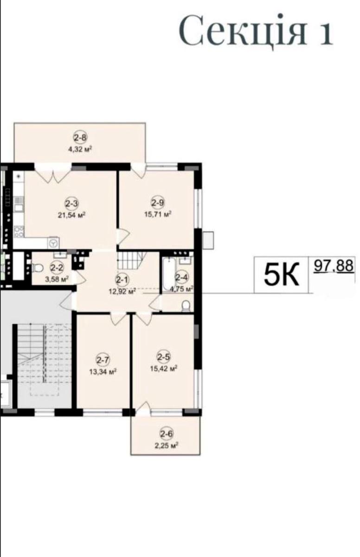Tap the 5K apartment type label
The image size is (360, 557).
(281, 274)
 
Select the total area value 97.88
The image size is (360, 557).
(333, 266)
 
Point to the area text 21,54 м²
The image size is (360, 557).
(72, 215)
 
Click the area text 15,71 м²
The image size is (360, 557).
(158, 214)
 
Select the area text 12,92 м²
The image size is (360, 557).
(122, 291)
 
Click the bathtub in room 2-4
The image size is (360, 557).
(169, 274)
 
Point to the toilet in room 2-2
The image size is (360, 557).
(37, 268)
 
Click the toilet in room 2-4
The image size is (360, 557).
(186, 306)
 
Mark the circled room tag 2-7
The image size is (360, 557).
(103, 360)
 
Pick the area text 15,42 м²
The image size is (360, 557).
(164, 368)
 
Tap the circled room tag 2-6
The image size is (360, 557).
(167, 434)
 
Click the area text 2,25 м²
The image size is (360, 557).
(167, 446)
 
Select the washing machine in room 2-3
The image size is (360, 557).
(53, 243)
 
